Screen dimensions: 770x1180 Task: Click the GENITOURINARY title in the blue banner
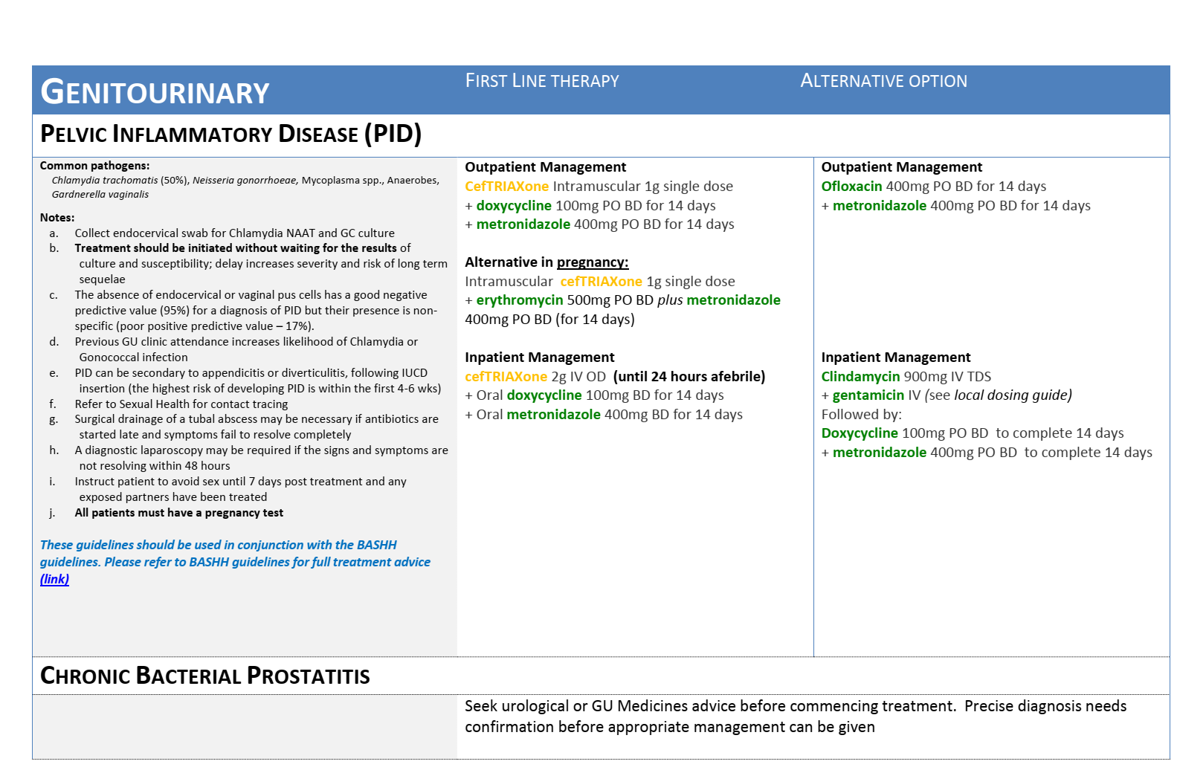coord(155,92)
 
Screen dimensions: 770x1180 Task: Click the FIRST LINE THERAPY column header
coord(542,81)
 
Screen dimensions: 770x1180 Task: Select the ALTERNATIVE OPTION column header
coord(883,81)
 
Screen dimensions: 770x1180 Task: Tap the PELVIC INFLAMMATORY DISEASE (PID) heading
coord(230,134)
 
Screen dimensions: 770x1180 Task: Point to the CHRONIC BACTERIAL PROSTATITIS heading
coord(204,676)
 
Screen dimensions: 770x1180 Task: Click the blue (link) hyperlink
coord(54,579)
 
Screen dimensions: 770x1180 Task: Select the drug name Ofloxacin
coord(851,187)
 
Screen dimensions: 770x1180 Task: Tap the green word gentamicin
coord(868,395)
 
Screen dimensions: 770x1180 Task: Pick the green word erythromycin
coord(519,300)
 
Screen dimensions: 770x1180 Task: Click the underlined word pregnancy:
coord(593,262)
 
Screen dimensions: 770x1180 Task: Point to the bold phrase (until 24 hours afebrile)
coord(689,377)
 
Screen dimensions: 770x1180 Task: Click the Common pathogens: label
coord(94,166)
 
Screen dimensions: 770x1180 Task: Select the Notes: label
coord(57,218)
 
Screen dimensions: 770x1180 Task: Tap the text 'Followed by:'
coord(861,415)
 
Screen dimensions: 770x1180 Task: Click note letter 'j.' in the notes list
coord(53,513)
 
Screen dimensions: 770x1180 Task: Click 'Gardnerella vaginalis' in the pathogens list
coord(100,195)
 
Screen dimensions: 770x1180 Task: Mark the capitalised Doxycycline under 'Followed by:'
coord(859,433)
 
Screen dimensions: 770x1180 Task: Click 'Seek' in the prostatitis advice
coord(480,706)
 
